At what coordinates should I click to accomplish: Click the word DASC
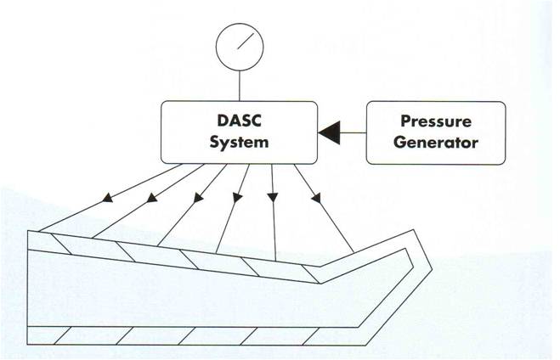point(240,121)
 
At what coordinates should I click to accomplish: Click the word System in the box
point(239,142)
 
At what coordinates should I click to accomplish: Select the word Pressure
point(436,121)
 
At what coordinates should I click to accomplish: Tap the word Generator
point(436,143)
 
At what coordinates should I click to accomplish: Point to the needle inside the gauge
point(246,41)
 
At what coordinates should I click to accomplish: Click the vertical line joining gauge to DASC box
point(240,86)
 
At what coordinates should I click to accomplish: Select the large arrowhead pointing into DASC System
point(329,132)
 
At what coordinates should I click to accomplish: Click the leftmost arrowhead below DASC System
point(108,197)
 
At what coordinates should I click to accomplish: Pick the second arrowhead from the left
point(152,197)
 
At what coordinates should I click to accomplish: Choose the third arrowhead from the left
point(198,198)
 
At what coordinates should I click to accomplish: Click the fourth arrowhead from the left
point(237,197)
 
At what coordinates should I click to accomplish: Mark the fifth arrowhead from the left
point(273,197)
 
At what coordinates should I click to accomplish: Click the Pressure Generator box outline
point(367,132)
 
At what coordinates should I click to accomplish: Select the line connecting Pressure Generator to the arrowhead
point(353,132)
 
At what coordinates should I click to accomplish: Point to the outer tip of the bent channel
point(433,268)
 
